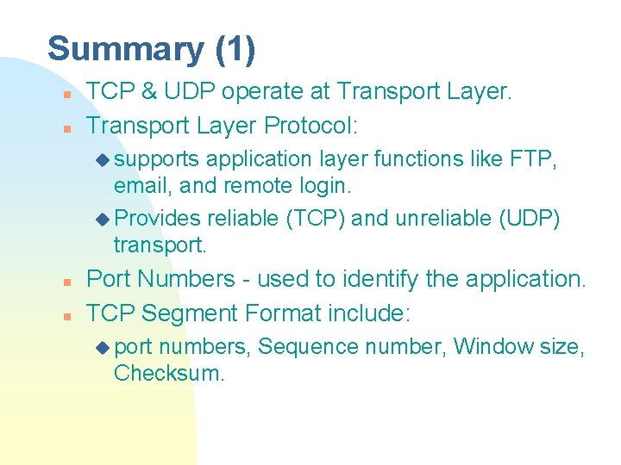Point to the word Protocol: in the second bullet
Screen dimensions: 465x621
(x=310, y=126)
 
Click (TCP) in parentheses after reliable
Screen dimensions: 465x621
(x=316, y=219)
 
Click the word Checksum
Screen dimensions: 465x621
(x=167, y=373)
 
